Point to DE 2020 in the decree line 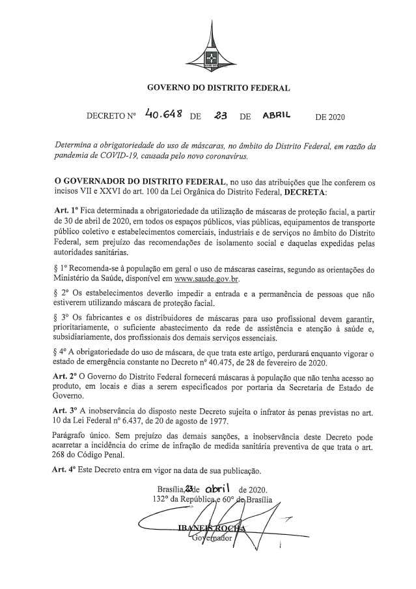(329, 118)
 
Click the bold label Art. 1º (64, 213)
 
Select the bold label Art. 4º (64, 469)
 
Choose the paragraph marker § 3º (60, 316)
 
